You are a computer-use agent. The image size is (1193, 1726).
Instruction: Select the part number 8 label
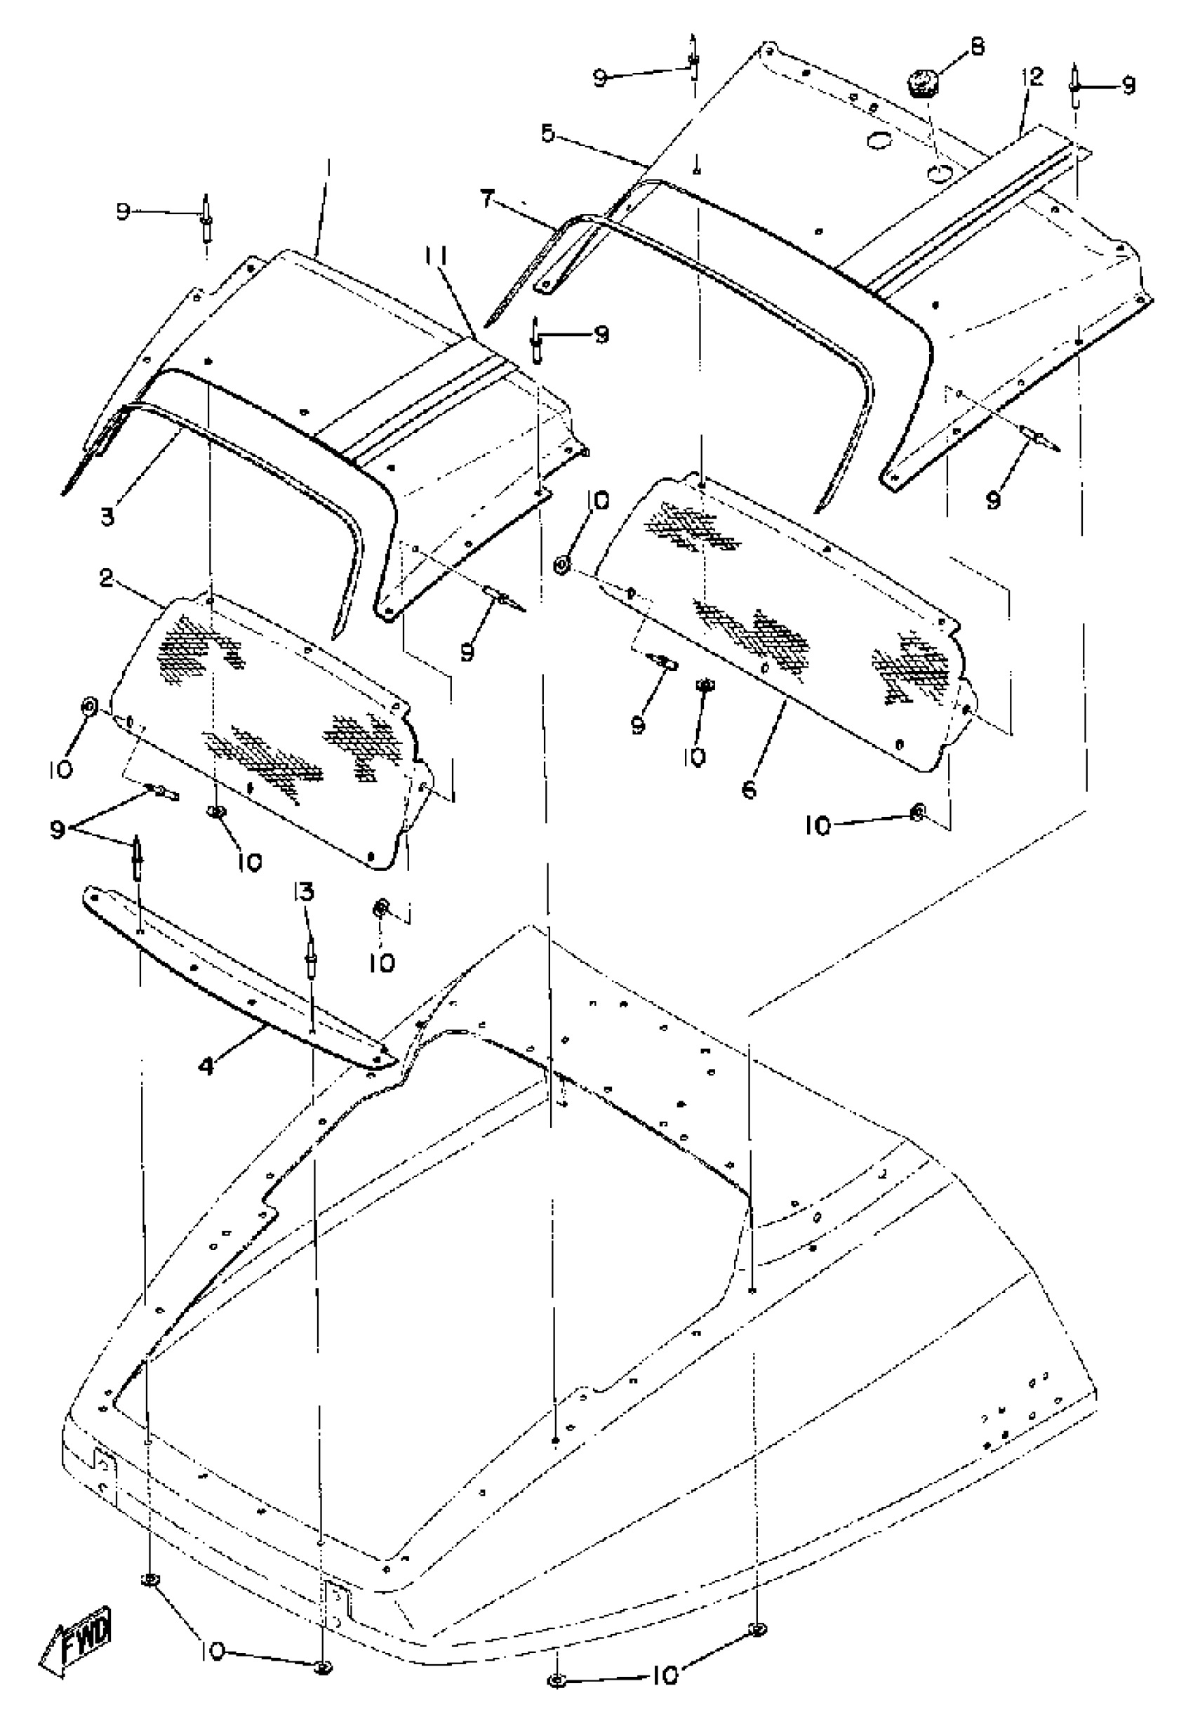point(976,46)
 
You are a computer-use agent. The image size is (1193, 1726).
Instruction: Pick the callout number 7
point(488,200)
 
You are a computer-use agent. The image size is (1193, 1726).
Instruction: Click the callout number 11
point(436,258)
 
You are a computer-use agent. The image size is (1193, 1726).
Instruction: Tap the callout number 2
point(106,578)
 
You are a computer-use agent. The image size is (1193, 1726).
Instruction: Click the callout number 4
point(206,1068)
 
